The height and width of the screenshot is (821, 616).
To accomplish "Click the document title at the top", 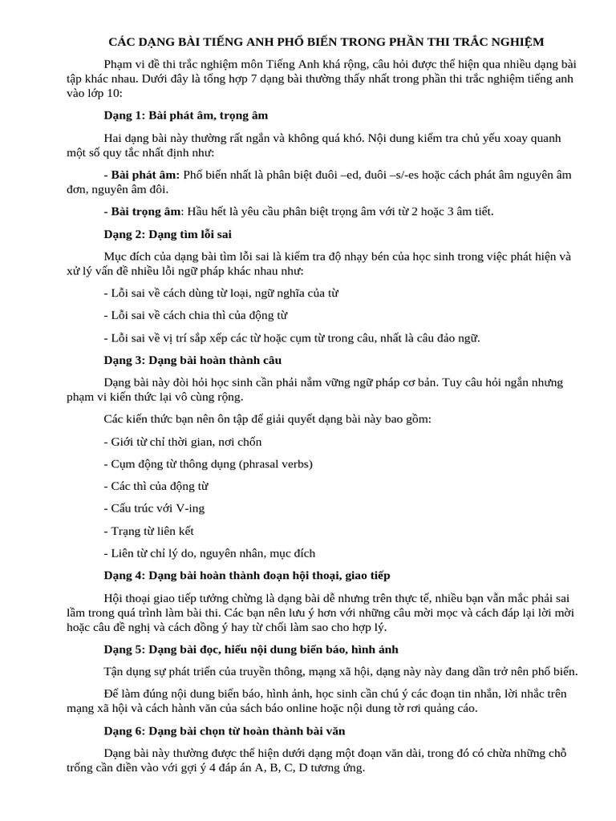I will (326, 42).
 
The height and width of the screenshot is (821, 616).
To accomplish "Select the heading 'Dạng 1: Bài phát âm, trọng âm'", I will (186, 115).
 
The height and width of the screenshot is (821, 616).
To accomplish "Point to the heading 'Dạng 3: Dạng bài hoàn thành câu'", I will (192, 360).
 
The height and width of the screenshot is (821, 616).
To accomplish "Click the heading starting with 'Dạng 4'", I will (247, 575).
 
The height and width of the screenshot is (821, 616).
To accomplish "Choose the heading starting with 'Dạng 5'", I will (251, 649).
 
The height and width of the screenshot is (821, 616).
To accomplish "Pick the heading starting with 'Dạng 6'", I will (224, 730).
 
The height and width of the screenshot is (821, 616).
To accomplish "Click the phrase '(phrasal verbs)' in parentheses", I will (274, 463).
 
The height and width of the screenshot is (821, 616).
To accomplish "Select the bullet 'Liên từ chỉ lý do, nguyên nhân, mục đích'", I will (209, 552).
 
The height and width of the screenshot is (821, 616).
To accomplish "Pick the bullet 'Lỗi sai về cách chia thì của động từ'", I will (196, 315).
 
